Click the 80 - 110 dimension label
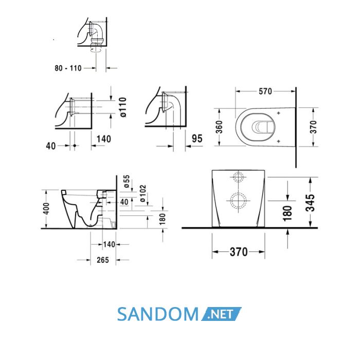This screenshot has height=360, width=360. click(x=68, y=68)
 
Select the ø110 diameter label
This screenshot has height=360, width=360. click(x=123, y=107)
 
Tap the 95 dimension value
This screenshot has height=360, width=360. click(x=197, y=139)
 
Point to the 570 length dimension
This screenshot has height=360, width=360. click(x=265, y=92)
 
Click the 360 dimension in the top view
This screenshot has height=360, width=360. click(x=219, y=127)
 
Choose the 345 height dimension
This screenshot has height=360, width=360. click(x=311, y=203)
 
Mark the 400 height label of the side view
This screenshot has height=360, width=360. click(x=46, y=208)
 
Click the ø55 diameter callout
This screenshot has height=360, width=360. click(x=127, y=182)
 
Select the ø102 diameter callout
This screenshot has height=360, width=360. click(x=143, y=193)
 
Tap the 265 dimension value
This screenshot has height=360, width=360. click(x=103, y=260)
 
